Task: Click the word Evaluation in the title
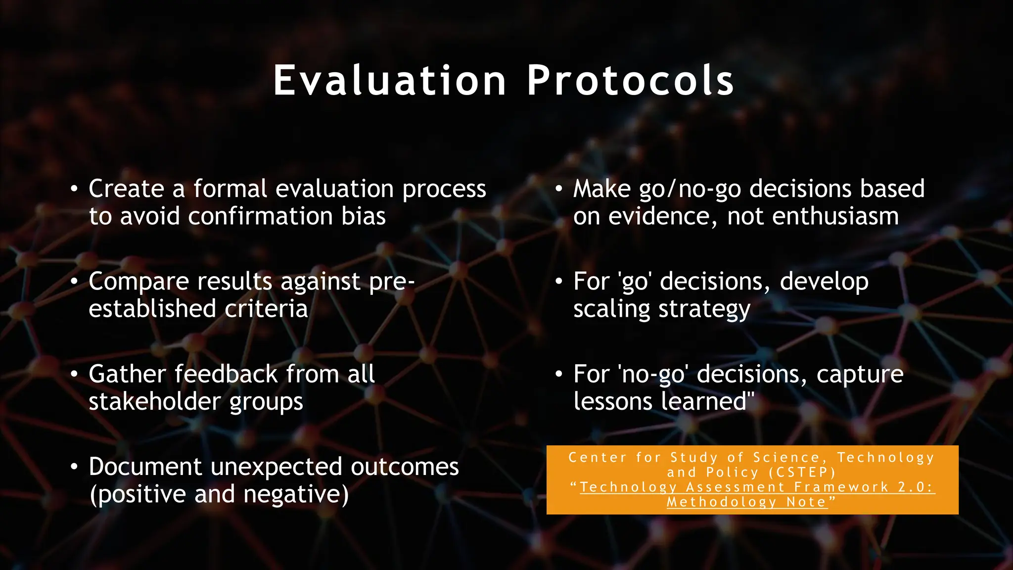[x=390, y=81]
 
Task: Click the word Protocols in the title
[x=631, y=81]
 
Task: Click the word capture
[x=860, y=374]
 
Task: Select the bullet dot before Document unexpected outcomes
[x=74, y=467]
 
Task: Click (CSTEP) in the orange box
[x=802, y=473]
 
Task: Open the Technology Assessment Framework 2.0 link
[x=757, y=487]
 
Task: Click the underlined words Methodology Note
[x=747, y=502]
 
